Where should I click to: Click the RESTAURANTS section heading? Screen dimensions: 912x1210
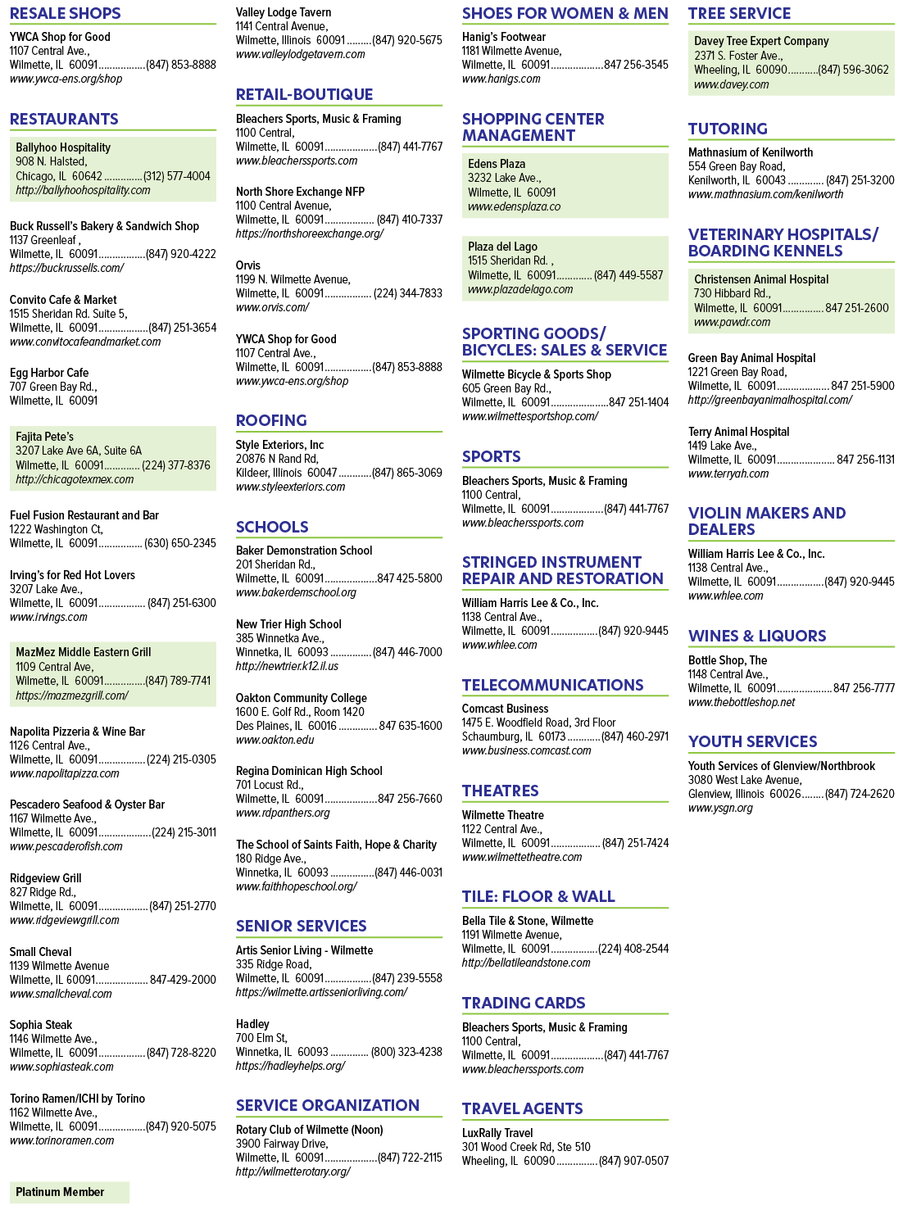[64, 119]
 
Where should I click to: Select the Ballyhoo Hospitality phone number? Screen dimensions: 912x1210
[177, 176]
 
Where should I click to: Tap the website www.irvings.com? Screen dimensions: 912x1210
[48, 617]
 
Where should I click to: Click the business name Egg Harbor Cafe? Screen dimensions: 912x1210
[49, 373]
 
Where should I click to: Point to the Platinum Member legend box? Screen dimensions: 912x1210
[70, 1192]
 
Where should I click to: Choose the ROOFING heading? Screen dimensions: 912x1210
[271, 420]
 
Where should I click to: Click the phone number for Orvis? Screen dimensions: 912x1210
[408, 293]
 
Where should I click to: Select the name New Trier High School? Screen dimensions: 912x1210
[288, 624]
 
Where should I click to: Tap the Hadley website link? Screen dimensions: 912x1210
[290, 1066]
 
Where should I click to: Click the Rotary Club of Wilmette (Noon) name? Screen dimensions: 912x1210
[310, 1130]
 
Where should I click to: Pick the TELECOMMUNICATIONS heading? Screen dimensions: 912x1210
[552, 685]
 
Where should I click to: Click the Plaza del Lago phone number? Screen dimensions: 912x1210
[628, 275]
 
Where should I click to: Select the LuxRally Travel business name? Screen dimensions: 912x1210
[497, 1133]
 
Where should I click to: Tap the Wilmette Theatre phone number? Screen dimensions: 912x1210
[635, 843]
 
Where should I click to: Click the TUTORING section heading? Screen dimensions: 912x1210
[728, 129]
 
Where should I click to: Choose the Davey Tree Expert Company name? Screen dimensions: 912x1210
[761, 41]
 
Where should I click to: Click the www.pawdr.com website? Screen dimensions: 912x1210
[733, 322]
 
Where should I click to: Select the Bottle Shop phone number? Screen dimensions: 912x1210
[864, 688]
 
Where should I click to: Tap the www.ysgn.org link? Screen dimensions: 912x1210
[720, 808]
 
